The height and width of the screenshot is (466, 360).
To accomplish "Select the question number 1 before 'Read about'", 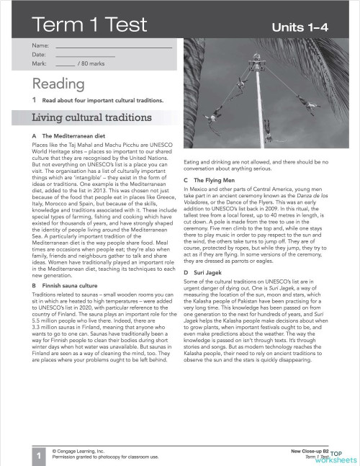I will coord(34,99).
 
